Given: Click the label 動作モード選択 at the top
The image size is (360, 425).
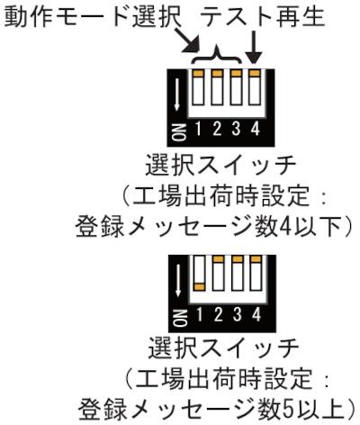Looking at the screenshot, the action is (x=93, y=16).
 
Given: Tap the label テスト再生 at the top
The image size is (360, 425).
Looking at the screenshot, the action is (x=264, y=16).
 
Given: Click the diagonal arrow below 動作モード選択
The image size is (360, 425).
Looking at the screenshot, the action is (x=187, y=41).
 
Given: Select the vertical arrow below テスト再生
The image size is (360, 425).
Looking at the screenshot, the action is (x=255, y=48).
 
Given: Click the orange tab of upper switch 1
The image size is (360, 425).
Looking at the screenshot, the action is (x=198, y=73).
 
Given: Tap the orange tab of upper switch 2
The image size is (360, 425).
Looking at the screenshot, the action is (x=217, y=73).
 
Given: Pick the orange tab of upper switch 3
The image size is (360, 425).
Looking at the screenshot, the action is (x=236, y=73).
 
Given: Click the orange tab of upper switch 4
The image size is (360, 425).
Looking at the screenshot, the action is (x=255, y=73).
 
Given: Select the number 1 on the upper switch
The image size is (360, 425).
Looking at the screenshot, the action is (x=198, y=129).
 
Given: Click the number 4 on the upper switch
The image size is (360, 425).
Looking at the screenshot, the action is (x=256, y=129).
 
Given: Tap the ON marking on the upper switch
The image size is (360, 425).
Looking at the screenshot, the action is (x=179, y=131).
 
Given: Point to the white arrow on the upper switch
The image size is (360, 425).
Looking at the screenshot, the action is (x=176, y=94).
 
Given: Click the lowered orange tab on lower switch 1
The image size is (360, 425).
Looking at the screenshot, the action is (x=199, y=287).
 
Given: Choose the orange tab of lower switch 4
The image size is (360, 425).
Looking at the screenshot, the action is (x=256, y=259).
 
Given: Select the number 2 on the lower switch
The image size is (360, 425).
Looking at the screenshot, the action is (x=218, y=315).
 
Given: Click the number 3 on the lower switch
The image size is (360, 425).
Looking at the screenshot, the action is (x=238, y=315).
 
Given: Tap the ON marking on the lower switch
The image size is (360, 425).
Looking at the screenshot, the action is (x=180, y=318).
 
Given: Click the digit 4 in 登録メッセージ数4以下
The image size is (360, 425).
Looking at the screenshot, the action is (x=285, y=227).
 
